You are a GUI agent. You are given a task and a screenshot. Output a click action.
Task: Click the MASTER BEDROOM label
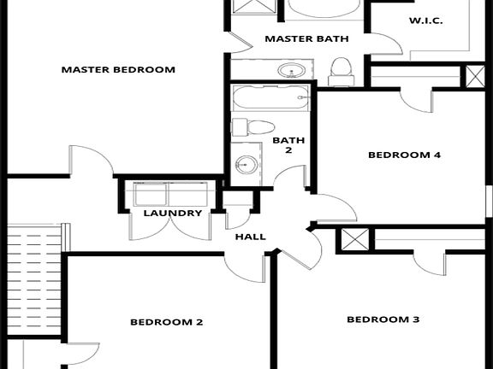[x=118, y=69]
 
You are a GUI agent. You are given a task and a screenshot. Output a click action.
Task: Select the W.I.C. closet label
[x=425, y=20]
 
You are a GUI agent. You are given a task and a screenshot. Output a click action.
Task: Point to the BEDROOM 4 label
[x=404, y=155]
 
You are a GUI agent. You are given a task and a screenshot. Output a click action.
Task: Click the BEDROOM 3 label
[x=383, y=319]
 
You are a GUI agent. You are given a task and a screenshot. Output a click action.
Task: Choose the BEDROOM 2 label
[x=166, y=322]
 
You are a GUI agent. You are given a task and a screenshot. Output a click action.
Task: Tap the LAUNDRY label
[x=173, y=213]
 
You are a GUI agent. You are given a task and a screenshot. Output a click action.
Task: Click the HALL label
[x=249, y=237]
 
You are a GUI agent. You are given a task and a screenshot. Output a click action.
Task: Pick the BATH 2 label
[x=282, y=144]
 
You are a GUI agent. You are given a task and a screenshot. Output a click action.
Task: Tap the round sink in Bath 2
[x=246, y=163]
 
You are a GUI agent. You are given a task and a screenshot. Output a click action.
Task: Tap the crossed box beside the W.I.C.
[x=473, y=75]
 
